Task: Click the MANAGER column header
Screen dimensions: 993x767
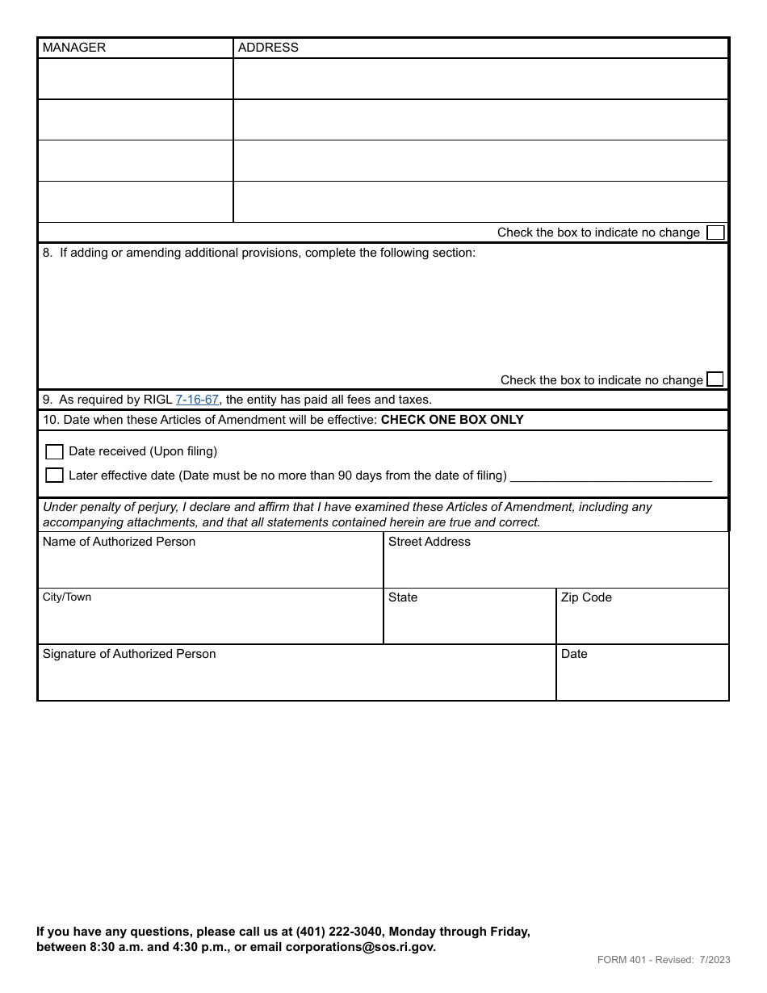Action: [x=74, y=48]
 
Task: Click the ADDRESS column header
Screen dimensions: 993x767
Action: [x=268, y=48]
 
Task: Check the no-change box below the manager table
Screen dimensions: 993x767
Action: [x=715, y=233]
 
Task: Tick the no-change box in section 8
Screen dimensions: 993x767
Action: [x=715, y=379]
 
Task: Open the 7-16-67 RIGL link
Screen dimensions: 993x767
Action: [x=197, y=400]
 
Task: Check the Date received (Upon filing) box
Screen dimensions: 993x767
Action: [x=54, y=452]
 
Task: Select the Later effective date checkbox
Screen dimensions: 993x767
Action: [x=54, y=476]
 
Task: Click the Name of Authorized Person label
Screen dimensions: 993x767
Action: [x=119, y=542]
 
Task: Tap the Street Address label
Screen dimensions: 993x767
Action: [x=429, y=542]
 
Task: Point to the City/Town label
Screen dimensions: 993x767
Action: [x=67, y=597]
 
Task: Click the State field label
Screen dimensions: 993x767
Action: [x=403, y=597]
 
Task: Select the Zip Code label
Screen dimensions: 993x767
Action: [x=586, y=597]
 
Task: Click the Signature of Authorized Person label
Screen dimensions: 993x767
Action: [x=129, y=654]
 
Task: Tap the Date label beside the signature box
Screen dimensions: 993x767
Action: [x=574, y=654]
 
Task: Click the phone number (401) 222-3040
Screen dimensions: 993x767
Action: [x=339, y=932]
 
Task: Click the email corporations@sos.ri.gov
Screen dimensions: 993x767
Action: [x=360, y=947]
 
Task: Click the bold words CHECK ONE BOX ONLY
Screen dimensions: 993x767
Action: [x=452, y=420]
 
